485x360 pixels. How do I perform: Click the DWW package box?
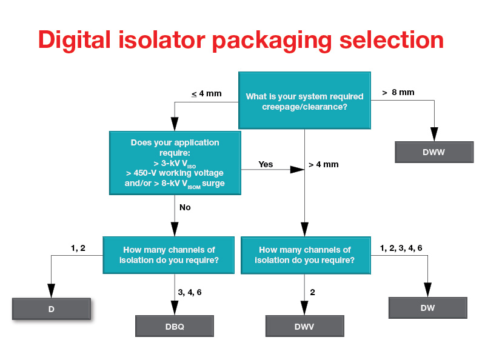coord(433,152)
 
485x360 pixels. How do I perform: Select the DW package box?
coord(427,308)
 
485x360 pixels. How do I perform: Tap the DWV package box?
coord(304,326)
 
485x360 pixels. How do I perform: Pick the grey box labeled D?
coord(52,309)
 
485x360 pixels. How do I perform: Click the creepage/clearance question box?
coord(304,101)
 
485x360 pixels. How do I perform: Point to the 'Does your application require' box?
coord(175,163)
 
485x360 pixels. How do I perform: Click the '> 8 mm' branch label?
coord(398,92)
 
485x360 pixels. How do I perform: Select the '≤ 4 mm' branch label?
coord(207,93)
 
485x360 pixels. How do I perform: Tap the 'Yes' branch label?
coord(266,164)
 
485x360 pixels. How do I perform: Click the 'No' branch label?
coord(185,207)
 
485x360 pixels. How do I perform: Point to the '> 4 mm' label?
coord(323,165)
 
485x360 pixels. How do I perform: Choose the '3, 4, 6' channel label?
coord(190,292)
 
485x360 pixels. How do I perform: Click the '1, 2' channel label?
coord(78,248)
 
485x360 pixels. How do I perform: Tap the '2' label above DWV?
coord(312,292)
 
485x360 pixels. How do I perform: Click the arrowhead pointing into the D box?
coord(51,290)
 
